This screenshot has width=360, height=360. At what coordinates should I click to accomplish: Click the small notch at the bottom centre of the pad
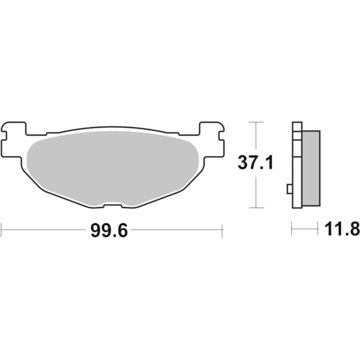(x=112, y=206)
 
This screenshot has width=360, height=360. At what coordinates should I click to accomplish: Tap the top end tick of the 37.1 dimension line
(x=256, y=122)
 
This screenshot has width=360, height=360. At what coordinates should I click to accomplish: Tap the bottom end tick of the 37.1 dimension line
(x=256, y=208)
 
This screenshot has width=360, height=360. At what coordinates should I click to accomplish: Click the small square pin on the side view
(x=290, y=190)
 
